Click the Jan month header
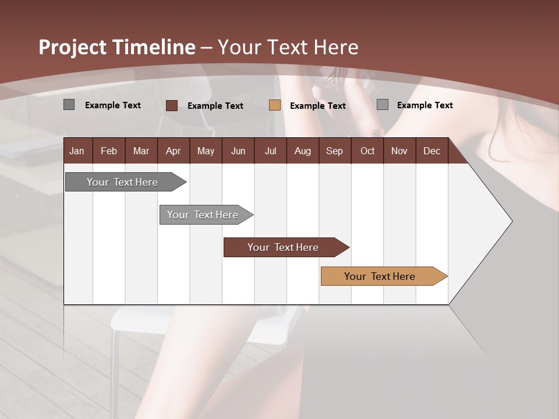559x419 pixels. (x=77, y=151)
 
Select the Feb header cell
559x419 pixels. (x=109, y=151)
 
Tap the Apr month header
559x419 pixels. (x=173, y=151)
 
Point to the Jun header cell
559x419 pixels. (x=238, y=151)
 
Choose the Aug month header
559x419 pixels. (x=302, y=151)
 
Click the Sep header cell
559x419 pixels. (x=334, y=151)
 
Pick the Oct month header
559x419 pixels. (x=367, y=151)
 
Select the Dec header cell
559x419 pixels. (x=431, y=151)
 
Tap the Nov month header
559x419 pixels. (x=399, y=151)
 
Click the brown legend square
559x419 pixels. (x=172, y=105)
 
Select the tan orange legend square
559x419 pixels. (x=275, y=105)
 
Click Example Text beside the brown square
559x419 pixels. (x=215, y=106)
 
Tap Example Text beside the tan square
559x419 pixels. (x=318, y=106)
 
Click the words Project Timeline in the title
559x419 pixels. (x=117, y=47)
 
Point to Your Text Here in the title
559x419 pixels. (x=288, y=47)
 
